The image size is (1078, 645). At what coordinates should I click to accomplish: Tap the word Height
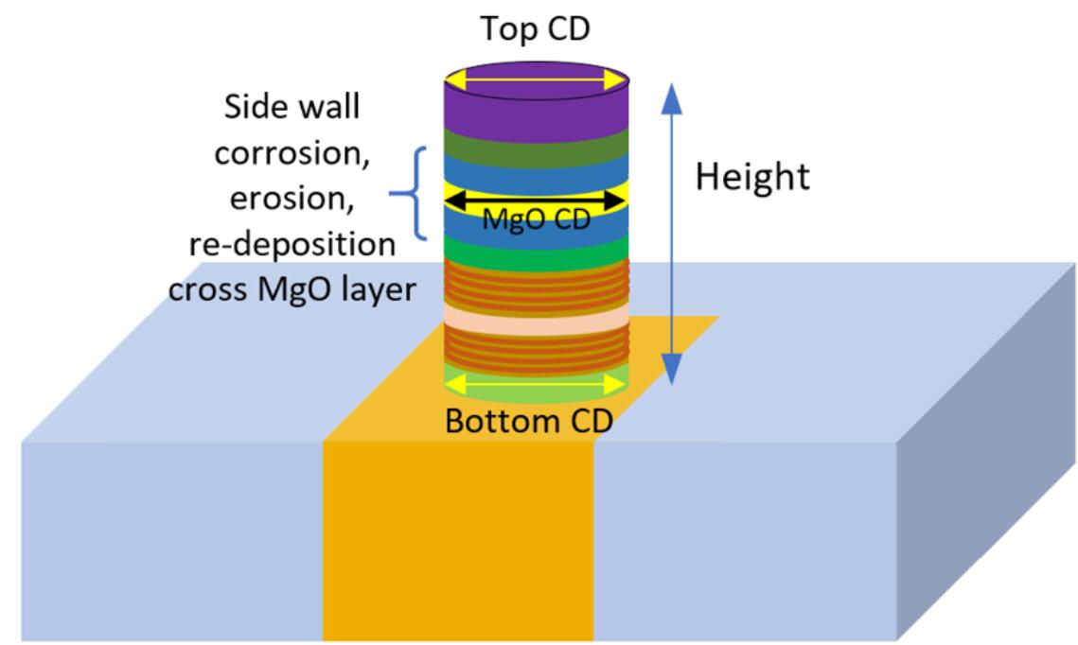[752, 176]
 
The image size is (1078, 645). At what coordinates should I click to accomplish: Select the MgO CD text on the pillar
[536, 220]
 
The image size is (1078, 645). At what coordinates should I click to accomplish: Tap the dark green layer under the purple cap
[537, 143]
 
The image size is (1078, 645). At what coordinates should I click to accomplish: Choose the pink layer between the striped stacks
[537, 318]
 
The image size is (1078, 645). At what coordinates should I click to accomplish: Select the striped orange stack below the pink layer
[537, 351]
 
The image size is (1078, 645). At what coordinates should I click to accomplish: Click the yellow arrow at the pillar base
[537, 383]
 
